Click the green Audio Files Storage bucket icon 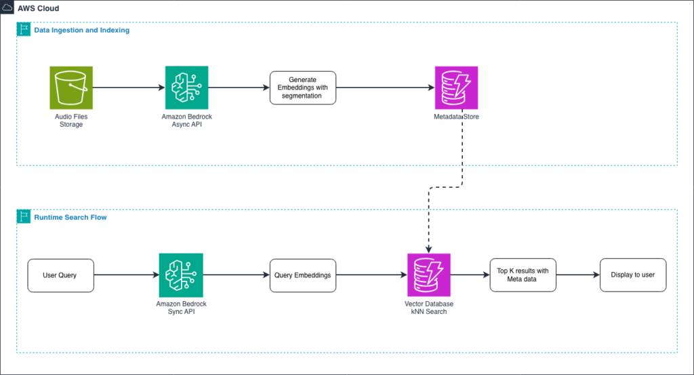(x=71, y=87)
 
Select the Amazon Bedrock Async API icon (x=186, y=87)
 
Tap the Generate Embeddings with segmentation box (x=302, y=87)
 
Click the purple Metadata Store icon (x=456, y=87)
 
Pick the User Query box (x=60, y=275)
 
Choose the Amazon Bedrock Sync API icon (x=181, y=275)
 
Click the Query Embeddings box (x=302, y=275)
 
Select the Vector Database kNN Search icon (x=429, y=275)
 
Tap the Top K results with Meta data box (x=523, y=275)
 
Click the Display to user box (x=633, y=275)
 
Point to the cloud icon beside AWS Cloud (x=8, y=9)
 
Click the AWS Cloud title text (x=38, y=9)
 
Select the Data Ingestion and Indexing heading (x=81, y=31)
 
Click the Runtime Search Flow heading (x=70, y=218)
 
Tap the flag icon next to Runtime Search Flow (x=24, y=218)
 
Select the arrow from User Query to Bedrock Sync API (x=126, y=275)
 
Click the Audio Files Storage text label (x=71, y=121)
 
